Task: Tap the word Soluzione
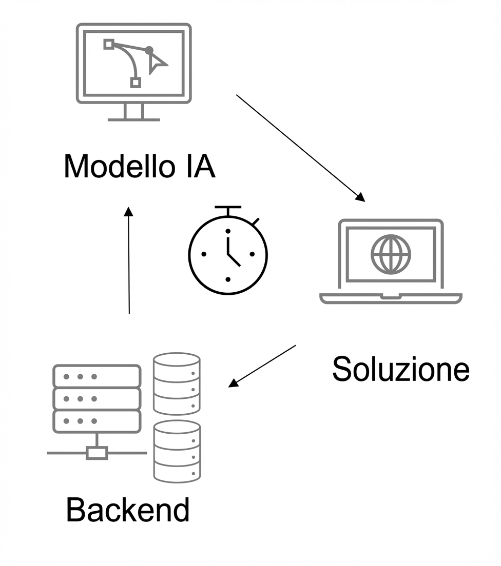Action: point(400,369)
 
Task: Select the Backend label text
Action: point(128,510)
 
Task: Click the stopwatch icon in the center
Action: point(228,253)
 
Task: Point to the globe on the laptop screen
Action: point(391,254)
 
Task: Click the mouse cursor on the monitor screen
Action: point(156,64)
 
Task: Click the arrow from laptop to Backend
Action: point(262,366)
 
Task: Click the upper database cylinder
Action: point(177,383)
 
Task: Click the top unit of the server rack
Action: point(97,376)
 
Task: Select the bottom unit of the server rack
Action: point(97,421)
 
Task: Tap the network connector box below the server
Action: point(97,453)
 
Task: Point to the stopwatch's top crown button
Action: point(227,209)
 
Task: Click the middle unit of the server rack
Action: point(97,398)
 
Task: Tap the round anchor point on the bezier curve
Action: point(149,50)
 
